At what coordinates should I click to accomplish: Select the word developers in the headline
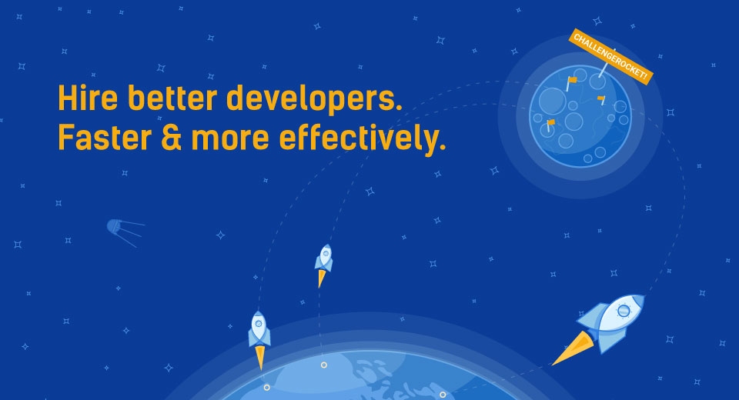[314, 100]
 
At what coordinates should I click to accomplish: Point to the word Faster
[105, 137]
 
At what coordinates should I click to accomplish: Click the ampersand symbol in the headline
[172, 137]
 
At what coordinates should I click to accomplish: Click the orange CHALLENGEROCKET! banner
[611, 56]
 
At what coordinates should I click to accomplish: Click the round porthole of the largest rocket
[624, 311]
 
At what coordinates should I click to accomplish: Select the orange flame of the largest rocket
[573, 348]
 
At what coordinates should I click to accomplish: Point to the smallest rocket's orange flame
[322, 278]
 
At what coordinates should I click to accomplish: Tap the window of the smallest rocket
[326, 254]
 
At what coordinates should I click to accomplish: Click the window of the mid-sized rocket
[259, 324]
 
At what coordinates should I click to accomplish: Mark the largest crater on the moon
[552, 101]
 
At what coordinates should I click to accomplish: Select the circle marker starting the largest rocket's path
[443, 395]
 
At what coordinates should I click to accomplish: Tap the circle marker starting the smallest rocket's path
[324, 365]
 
